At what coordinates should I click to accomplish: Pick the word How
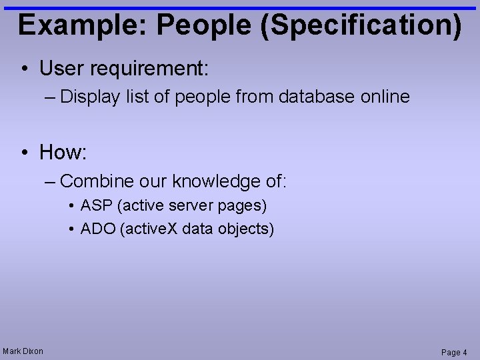61,153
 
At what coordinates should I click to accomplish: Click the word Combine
97,181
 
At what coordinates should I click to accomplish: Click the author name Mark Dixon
23,351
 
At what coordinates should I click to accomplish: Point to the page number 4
465,352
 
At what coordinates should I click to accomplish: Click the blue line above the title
240,8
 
